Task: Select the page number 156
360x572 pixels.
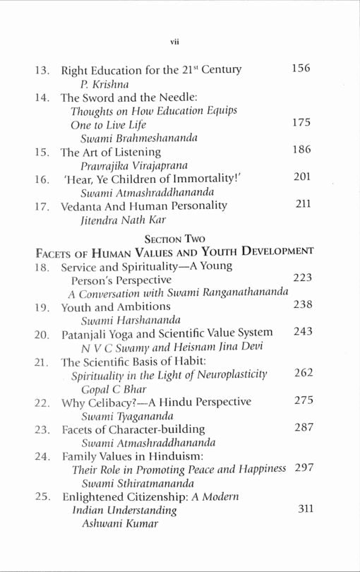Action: (x=301, y=68)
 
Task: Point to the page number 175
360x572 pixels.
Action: (x=301, y=123)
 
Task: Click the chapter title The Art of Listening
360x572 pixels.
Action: (x=111, y=151)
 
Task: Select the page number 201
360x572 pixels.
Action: (x=301, y=177)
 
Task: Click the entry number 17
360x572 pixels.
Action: (x=42, y=206)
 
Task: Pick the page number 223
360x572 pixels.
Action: (x=302, y=278)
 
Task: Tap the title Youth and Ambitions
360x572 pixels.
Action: (x=116, y=306)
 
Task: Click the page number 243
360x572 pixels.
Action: (x=302, y=332)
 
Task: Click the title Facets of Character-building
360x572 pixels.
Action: (x=133, y=429)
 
